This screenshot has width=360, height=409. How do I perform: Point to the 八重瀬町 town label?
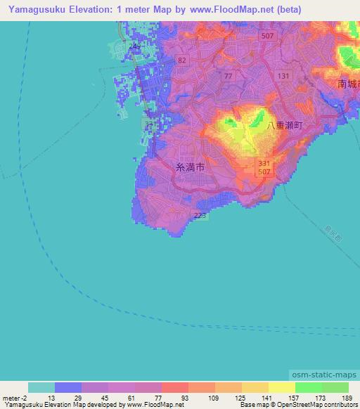[285, 124]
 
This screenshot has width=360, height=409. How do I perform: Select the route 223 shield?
[200, 216]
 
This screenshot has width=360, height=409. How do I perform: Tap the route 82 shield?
[183, 60]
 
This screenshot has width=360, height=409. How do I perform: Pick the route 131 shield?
[283, 76]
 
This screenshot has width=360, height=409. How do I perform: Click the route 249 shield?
[135, 46]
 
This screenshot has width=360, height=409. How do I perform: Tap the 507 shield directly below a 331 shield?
[261, 171]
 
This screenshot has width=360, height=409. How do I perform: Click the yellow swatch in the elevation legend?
[281, 387]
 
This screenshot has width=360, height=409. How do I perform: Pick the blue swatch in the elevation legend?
[68, 387]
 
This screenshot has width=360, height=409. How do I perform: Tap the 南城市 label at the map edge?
[349, 84]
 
